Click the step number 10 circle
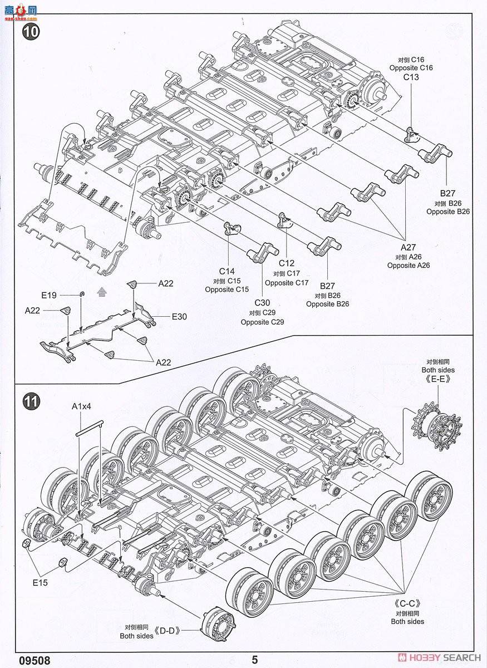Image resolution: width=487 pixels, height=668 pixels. pyautogui.click(x=31, y=32)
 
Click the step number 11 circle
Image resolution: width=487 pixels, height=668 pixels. pyautogui.click(x=31, y=401)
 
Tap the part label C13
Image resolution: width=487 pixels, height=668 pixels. pyautogui.click(x=411, y=77)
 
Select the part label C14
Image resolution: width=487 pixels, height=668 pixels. pyautogui.click(x=227, y=271)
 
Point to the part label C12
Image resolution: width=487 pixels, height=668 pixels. pyautogui.click(x=287, y=263)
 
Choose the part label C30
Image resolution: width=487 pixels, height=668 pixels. pyautogui.click(x=262, y=303)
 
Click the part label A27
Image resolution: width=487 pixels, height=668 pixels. pyautogui.click(x=409, y=247)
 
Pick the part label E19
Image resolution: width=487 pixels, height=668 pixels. pyautogui.click(x=49, y=296)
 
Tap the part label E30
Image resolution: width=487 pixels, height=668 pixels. pyautogui.click(x=179, y=316)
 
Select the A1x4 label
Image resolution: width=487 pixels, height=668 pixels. pyautogui.click(x=81, y=406)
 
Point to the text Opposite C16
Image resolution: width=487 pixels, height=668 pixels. pyautogui.click(x=411, y=68)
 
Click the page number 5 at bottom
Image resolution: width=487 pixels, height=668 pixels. pyautogui.click(x=254, y=660)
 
